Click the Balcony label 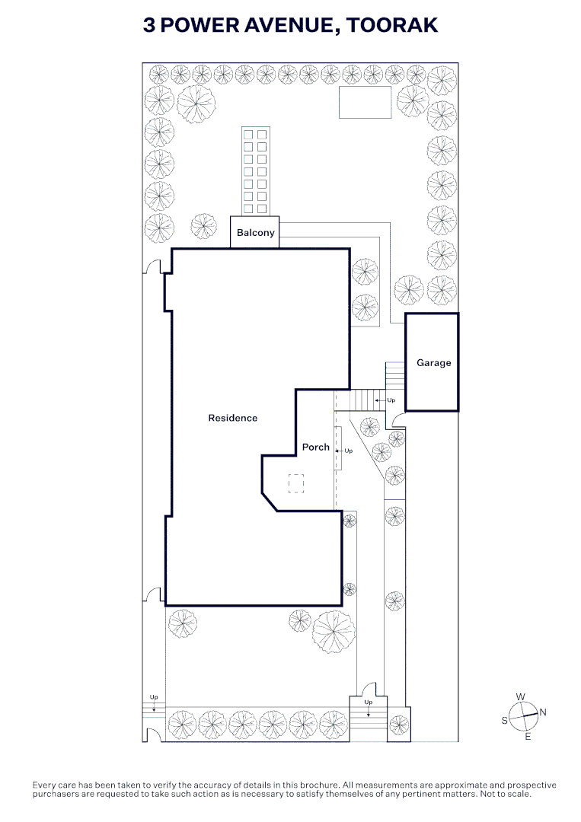[255, 233]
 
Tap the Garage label [433, 363]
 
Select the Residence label [233, 418]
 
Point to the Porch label [316, 448]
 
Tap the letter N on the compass [543, 712]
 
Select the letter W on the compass [521, 696]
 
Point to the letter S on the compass [504, 721]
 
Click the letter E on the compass [528, 737]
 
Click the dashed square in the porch [296, 483]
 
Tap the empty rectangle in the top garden [365, 103]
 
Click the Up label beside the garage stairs [391, 400]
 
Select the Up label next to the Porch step [349, 451]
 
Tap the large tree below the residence [334, 632]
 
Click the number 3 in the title [149, 25]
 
